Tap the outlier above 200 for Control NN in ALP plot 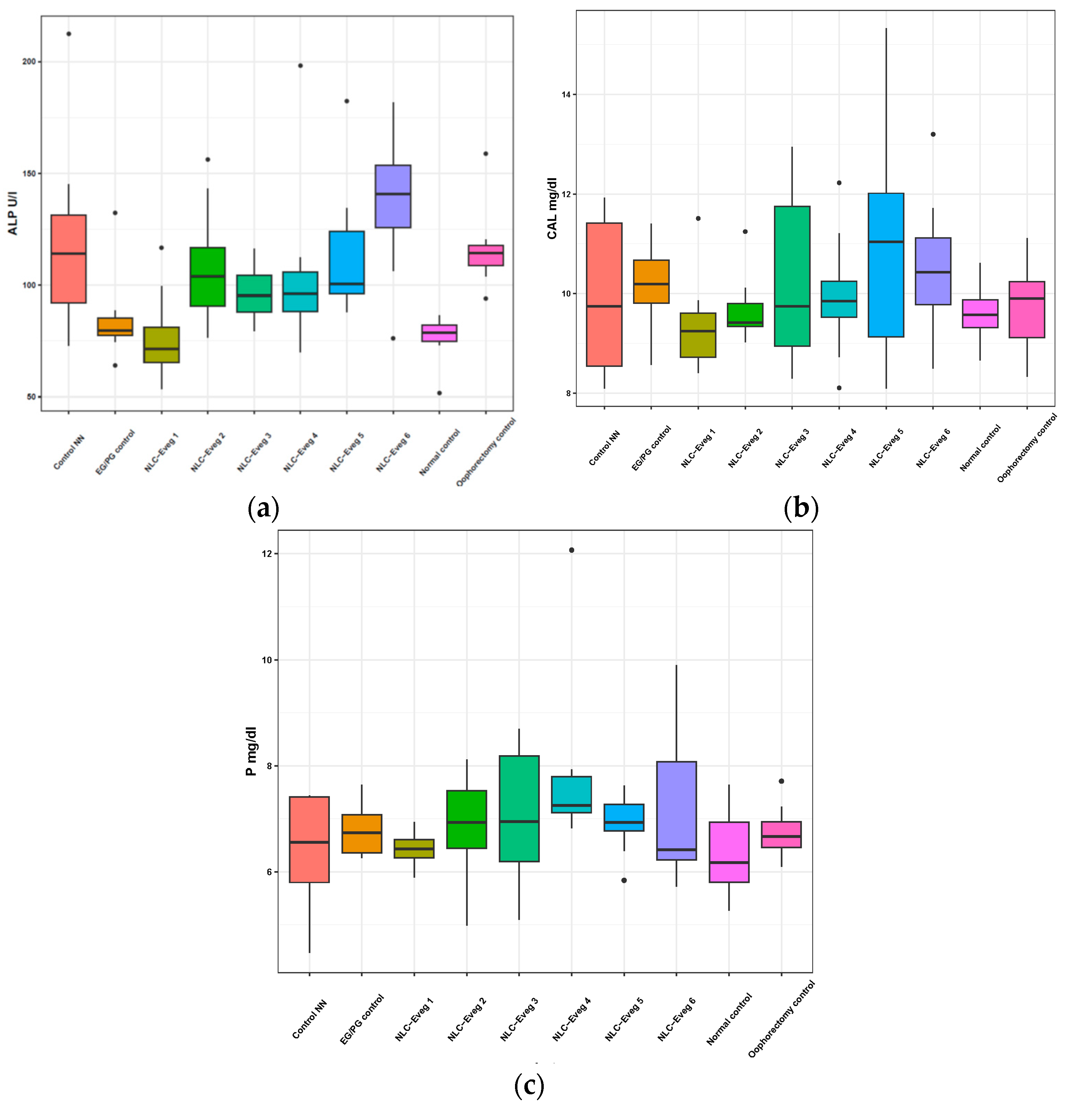(69, 34)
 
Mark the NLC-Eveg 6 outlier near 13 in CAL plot (933, 134)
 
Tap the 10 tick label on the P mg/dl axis (267, 660)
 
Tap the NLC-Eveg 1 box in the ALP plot (162, 345)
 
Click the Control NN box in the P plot (309, 839)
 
